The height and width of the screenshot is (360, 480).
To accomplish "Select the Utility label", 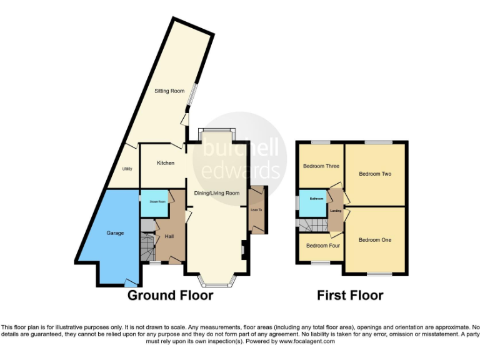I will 127,169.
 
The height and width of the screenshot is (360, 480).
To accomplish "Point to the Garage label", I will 115,233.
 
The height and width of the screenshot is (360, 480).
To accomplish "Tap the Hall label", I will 169,236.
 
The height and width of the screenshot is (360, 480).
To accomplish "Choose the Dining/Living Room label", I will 217,193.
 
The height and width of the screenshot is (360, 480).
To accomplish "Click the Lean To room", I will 256,210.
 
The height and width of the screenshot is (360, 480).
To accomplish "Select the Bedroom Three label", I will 321,166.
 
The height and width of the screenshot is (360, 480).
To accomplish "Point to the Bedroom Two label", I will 375,174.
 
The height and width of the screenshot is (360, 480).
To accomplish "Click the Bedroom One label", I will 375,240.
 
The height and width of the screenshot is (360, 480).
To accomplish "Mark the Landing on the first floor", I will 336,211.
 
